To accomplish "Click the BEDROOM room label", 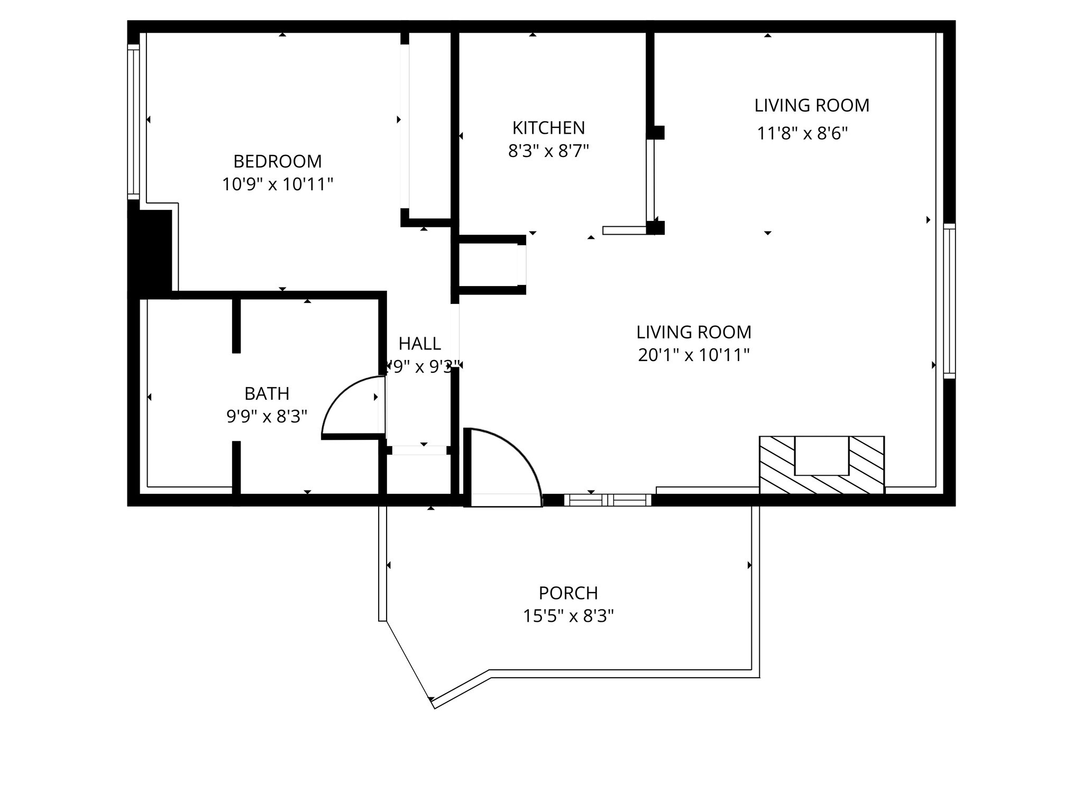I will click(x=277, y=161).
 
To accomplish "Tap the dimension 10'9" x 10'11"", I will click(x=277, y=184).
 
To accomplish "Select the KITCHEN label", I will click(x=548, y=128).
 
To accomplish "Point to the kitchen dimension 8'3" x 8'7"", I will click(x=548, y=151).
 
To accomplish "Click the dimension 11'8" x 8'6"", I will click(x=802, y=133).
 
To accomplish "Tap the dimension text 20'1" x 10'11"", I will click(x=693, y=355).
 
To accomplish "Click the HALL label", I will click(x=419, y=344).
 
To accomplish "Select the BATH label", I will click(x=267, y=394).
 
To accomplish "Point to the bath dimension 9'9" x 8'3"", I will click(x=267, y=417).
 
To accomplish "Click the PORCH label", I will click(x=568, y=593).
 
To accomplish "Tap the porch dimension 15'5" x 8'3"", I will click(x=568, y=616).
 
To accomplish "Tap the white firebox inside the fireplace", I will click(x=821, y=455).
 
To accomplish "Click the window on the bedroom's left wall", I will click(x=133, y=122).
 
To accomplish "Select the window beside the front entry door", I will click(x=608, y=500).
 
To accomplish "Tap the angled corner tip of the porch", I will click(x=433, y=704).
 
